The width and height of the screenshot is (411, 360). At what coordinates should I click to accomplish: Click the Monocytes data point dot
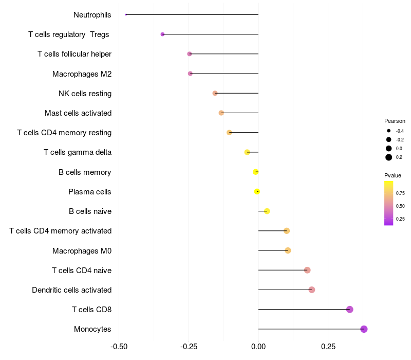click(364, 329)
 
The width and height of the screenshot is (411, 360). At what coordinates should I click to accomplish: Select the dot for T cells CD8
click(350, 310)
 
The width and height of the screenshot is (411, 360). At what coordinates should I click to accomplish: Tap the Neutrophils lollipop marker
click(126, 14)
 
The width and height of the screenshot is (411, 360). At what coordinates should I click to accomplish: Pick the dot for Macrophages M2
click(190, 74)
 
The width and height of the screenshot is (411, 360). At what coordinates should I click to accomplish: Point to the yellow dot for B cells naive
click(267, 211)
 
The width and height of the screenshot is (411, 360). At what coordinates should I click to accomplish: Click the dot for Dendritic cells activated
click(311, 290)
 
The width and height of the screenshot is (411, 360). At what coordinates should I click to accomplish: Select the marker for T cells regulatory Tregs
click(162, 34)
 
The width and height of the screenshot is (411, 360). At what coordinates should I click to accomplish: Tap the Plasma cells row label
click(89, 192)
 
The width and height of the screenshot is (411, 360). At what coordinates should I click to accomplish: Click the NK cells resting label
click(85, 94)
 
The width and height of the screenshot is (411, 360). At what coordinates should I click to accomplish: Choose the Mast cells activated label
click(78, 113)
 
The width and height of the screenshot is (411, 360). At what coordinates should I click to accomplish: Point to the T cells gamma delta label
click(78, 152)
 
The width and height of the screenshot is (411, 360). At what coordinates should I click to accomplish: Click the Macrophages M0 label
click(82, 251)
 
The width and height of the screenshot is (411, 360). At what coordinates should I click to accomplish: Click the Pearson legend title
click(395, 121)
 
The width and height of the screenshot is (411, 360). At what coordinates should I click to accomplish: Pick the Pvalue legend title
click(393, 175)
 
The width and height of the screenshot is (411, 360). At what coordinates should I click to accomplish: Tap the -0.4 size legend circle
click(389, 131)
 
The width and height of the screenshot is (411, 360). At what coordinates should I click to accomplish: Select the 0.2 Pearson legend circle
click(389, 157)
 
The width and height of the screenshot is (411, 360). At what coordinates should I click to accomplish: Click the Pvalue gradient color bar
click(389, 203)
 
